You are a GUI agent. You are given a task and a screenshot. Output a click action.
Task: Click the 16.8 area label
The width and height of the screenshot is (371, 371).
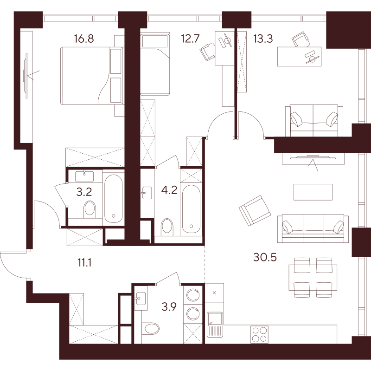[84, 39]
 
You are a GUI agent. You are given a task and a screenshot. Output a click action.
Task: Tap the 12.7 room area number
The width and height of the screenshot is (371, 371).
[191, 39]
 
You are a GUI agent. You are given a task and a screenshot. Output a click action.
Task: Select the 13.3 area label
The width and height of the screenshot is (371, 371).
[263, 39]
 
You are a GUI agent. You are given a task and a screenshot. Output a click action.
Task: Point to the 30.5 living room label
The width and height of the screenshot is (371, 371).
[265, 257]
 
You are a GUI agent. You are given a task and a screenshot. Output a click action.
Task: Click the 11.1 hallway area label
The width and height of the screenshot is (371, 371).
[84, 263]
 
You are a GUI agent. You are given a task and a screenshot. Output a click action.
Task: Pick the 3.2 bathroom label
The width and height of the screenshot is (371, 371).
[84, 192]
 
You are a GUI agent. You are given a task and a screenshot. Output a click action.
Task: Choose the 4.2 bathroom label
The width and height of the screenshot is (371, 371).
[169, 190]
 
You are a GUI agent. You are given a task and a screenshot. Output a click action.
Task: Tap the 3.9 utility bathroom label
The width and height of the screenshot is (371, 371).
[169, 307]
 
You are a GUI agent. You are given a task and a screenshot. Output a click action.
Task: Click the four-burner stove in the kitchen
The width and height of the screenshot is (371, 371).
[259, 334]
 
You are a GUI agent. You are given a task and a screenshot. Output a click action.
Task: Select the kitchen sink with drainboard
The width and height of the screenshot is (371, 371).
[215, 324]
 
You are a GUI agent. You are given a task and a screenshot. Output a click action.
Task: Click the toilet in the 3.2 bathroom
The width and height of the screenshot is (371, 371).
[90, 209]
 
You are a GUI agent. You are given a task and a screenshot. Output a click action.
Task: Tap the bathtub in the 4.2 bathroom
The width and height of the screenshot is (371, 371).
[191, 209]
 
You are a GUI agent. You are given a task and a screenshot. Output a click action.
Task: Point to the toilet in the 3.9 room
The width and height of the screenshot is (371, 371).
[151, 329]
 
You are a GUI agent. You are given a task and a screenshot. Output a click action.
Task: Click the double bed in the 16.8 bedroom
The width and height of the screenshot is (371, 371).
[91, 76]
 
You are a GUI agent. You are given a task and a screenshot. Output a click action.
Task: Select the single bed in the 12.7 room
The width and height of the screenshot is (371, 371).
[155, 64]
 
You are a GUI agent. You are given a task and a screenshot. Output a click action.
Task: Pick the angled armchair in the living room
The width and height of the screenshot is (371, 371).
[254, 211]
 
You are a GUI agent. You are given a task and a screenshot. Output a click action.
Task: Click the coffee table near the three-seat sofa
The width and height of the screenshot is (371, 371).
[313, 192]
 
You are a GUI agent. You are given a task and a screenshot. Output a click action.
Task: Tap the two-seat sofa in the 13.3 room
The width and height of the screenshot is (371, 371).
[314, 121]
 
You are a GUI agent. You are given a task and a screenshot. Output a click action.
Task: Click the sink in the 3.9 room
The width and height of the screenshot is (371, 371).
[141, 298]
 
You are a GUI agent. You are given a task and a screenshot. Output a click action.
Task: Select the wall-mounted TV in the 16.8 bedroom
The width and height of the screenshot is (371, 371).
[26, 76]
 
